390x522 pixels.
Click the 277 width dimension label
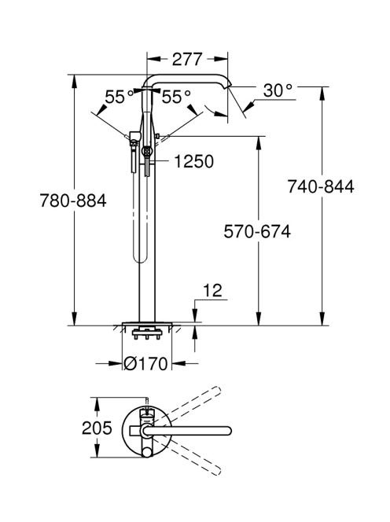pyautogui.click(x=187, y=59)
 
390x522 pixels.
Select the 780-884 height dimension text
pyautogui.click(x=73, y=200)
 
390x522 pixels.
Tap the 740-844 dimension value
pyautogui.click(x=321, y=186)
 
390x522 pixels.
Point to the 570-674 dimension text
pyautogui.click(x=257, y=231)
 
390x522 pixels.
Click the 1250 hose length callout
pyautogui.click(x=194, y=162)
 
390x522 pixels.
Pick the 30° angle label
pyautogui.click(x=278, y=90)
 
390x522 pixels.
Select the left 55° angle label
pyautogui.click(x=120, y=97)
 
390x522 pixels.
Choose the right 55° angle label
pyautogui.click(x=176, y=97)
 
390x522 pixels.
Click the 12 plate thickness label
pyautogui.click(x=212, y=290)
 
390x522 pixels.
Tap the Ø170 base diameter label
pyautogui.click(x=145, y=363)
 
